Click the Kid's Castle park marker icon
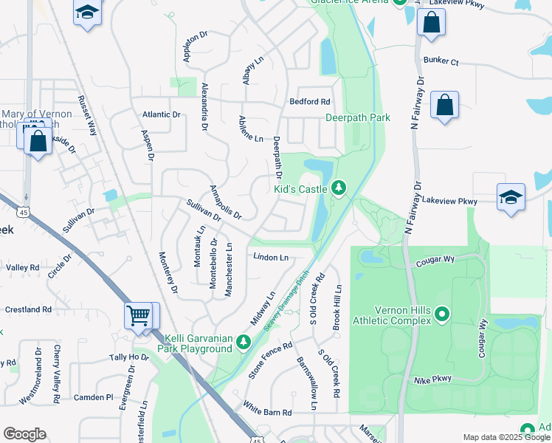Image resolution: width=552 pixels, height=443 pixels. coord(339,188)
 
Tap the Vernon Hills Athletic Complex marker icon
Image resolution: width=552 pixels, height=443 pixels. coord(442,315)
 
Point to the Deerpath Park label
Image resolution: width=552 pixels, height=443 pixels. coord(358,117)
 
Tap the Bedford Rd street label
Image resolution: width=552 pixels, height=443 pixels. coord(309,102)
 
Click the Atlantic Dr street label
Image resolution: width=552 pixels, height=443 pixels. coord(162,114)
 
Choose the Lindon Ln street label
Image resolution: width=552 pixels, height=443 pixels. coord(270,257)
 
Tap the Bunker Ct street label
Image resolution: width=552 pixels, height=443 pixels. coord(441,63)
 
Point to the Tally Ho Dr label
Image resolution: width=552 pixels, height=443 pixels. coord(129,357)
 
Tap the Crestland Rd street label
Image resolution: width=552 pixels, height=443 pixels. coord(28,309)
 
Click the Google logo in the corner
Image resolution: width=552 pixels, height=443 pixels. coord(24,434)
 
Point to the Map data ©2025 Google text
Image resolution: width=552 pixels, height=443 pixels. coord(506,437)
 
